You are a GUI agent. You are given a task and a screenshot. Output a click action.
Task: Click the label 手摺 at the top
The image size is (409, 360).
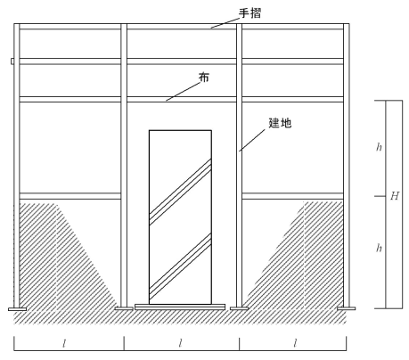click(x=249, y=13)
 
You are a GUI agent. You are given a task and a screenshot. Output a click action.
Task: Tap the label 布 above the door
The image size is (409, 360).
click(x=204, y=78)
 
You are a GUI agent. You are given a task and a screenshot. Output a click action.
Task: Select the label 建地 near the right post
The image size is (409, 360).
click(x=280, y=123)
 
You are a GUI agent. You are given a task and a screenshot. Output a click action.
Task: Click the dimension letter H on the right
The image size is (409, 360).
click(x=395, y=196)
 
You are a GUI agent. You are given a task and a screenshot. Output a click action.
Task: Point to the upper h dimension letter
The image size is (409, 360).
click(x=379, y=147)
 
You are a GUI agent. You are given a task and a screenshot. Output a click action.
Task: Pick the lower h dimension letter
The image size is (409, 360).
click(x=379, y=248)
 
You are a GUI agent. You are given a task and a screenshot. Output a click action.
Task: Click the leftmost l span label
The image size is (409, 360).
click(x=64, y=344)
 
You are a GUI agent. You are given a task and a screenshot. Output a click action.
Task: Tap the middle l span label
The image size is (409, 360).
click(x=180, y=344)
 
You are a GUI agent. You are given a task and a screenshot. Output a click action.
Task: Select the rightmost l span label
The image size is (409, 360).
click(x=295, y=344)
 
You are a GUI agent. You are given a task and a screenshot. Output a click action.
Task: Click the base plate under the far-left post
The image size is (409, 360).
click(x=17, y=309)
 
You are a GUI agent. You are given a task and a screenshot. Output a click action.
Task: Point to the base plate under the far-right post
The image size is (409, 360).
click(x=346, y=308)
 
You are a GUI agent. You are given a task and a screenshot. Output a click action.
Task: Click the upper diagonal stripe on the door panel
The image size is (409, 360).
click(x=180, y=192)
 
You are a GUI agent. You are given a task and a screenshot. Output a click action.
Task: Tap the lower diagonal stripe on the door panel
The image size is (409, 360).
click(x=180, y=266)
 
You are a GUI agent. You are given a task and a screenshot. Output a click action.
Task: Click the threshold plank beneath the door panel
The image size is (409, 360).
click(x=180, y=307)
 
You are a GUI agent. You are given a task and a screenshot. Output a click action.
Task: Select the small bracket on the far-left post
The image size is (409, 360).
click(x=12, y=61)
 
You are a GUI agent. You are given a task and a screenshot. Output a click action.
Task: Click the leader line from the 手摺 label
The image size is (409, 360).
click(x=225, y=23)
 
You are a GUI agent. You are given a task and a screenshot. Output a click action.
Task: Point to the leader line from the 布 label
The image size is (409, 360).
click(x=184, y=92)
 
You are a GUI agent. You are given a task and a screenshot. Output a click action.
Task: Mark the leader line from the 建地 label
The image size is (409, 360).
click(x=252, y=140)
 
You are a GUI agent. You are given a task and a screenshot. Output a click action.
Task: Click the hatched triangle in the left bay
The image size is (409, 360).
click(x=68, y=257)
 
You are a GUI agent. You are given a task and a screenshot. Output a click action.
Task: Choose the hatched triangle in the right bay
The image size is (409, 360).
click(x=294, y=256)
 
